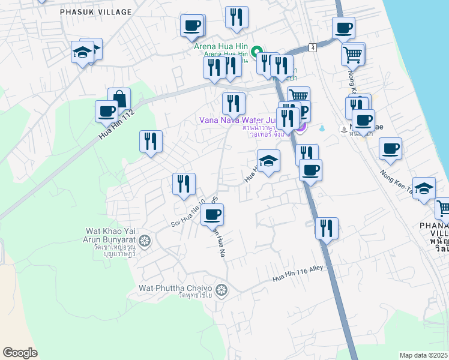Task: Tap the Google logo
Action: (20, 353)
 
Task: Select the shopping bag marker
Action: (119, 98)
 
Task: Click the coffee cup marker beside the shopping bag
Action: (107, 110)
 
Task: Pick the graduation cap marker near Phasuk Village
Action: (82, 53)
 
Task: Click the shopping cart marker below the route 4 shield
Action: (352, 55)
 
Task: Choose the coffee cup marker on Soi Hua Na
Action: (211, 214)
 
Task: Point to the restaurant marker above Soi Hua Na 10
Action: (184, 184)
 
